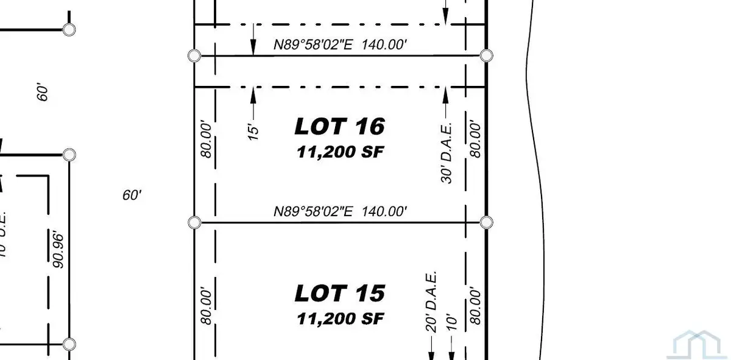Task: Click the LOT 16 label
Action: [x=339, y=127]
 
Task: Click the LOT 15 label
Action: [x=339, y=294]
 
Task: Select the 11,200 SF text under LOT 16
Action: [x=341, y=152]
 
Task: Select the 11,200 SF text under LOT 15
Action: [x=341, y=318]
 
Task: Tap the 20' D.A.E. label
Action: [x=431, y=298]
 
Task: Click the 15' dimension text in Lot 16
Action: [x=254, y=132]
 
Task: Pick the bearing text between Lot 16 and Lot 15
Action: [x=339, y=211]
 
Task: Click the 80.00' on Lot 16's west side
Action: [x=207, y=141]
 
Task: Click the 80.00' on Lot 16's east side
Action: [x=476, y=139]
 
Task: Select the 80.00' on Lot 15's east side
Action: [x=476, y=305]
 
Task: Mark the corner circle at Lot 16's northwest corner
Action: [x=194, y=56]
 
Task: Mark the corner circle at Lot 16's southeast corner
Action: [x=486, y=222]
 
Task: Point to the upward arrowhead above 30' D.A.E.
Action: [x=445, y=93]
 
